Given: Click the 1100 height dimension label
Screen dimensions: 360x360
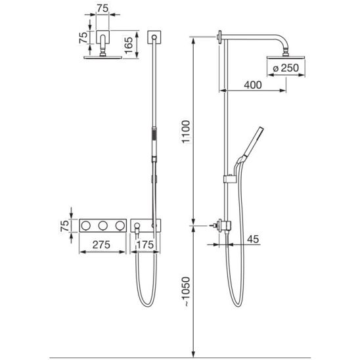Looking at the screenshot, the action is point(186,132).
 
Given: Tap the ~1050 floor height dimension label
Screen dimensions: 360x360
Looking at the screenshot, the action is point(186,292).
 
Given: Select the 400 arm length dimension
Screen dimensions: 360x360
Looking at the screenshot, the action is point(252,85).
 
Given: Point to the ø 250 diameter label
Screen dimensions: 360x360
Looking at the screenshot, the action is point(286,68).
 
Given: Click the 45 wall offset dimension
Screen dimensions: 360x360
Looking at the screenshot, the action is point(253,239).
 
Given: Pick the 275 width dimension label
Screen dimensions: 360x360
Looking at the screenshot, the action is point(101,245).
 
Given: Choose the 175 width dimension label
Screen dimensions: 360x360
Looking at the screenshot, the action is point(145,245).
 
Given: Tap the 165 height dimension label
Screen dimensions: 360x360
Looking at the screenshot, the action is point(129,45).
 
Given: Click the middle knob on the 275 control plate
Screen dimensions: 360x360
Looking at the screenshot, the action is point(103,226).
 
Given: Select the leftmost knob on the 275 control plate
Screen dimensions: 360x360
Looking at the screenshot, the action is point(85,226).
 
